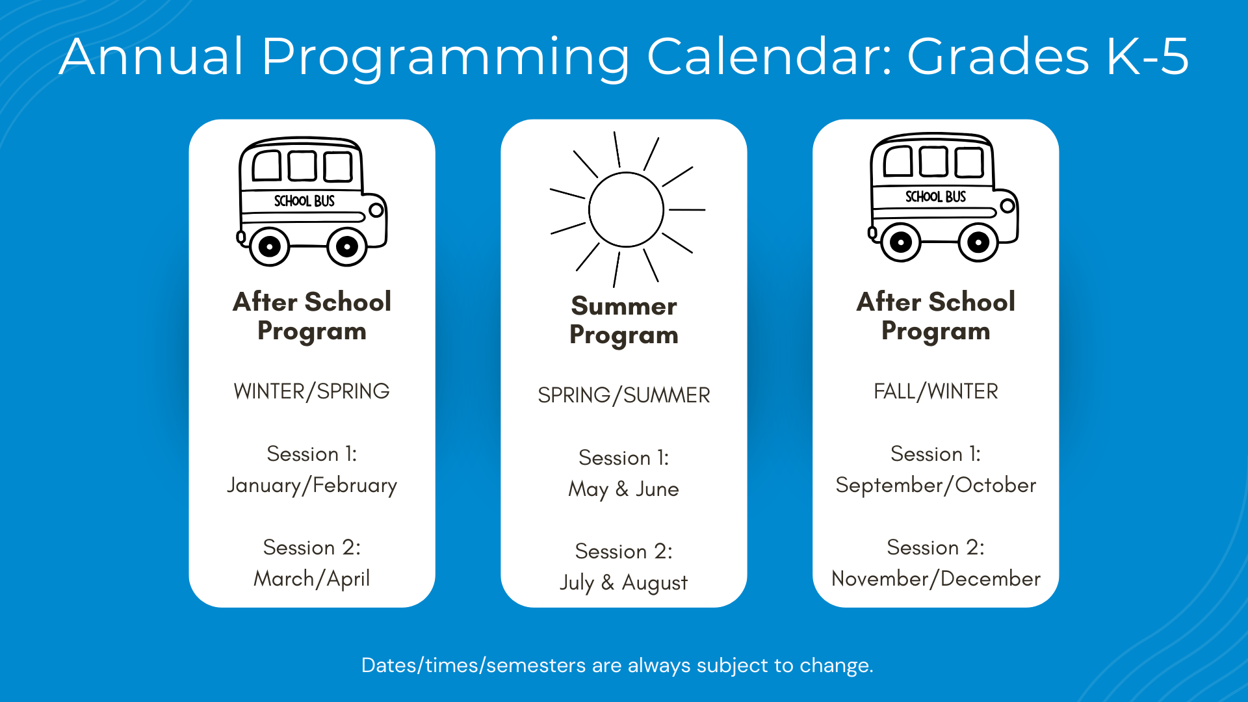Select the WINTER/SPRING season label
312,391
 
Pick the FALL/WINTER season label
936,391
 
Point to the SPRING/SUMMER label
624,395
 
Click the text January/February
312,486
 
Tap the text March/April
312,579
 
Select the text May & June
624,489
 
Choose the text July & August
624,583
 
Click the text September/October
936,486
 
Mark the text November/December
936,579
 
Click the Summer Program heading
624,320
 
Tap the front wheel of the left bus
347,247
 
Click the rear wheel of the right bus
900,242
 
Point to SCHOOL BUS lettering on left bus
304,201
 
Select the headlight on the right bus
1007,206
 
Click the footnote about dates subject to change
617,666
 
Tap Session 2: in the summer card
624,552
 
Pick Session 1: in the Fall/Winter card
936,454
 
